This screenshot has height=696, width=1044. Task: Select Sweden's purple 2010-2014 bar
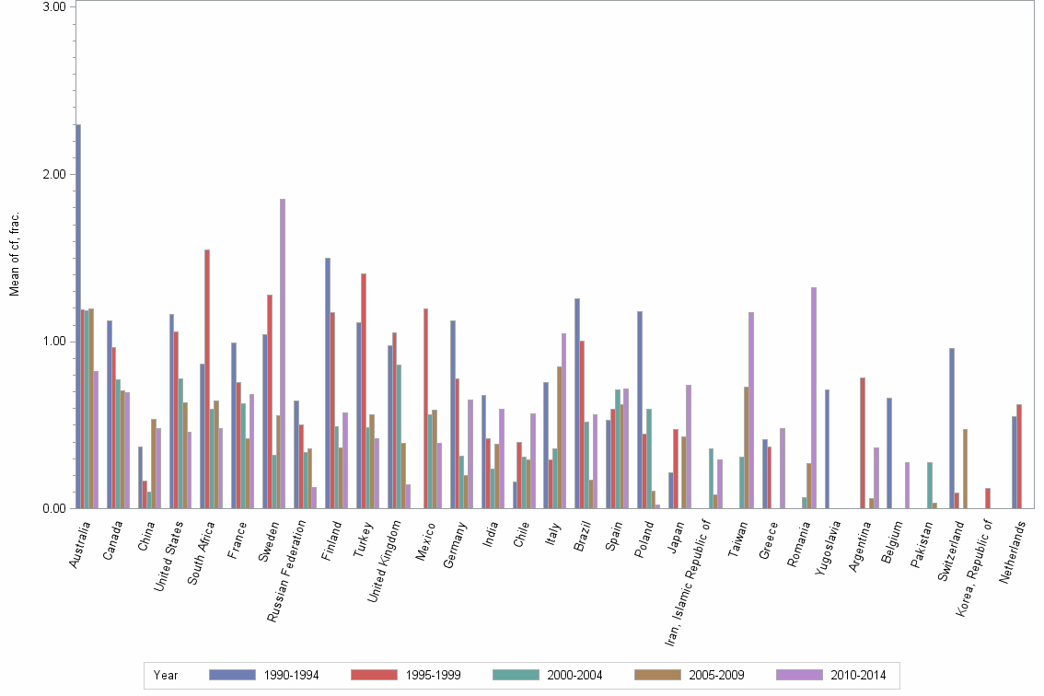tap(283, 354)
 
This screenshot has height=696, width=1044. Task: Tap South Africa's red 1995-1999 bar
tap(207, 378)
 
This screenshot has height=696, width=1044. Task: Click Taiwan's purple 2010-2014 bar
tap(751, 410)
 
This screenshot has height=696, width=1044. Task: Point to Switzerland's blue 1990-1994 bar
tap(952, 428)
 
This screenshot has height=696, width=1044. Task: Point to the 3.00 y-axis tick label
tap(57, 7)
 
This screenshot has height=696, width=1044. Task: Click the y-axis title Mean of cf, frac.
tap(14, 254)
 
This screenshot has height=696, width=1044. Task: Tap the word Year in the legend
tap(166, 675)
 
